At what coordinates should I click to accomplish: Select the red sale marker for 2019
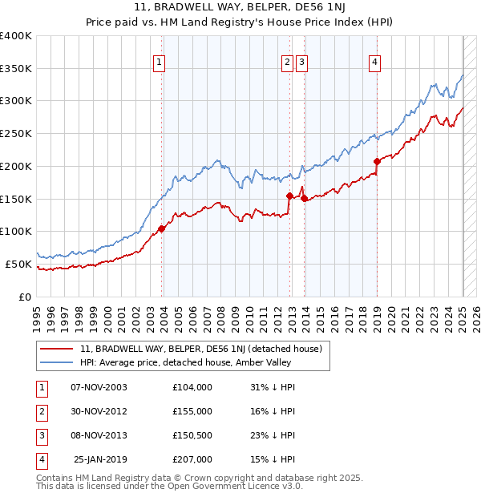pyautogui.click(x=377, y=161)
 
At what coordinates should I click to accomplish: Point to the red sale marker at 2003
pyautogui.click(x=162, y=228)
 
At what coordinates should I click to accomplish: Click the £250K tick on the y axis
pyautogui.click(x=17, y=133)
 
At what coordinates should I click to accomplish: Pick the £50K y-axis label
pyautogui.click(x=19, y=264)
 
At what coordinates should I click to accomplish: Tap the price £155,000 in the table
pyautogui.click(x=192, y=411)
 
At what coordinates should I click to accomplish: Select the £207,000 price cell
pyautogui.click(x=192, y=459)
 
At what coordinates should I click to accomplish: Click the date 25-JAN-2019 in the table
pyautogui.click(x=100, y=459)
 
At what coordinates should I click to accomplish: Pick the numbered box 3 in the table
pyautogui.click(x=41, y=435)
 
